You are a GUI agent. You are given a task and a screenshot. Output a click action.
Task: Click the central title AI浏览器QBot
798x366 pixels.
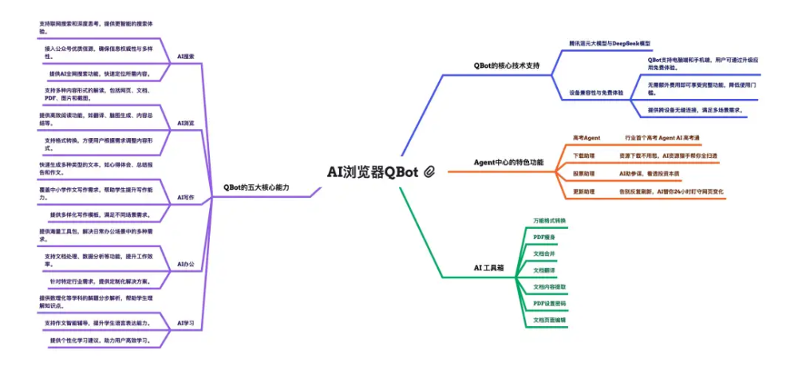373,171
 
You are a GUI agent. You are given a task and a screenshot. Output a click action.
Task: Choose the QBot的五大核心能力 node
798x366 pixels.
256,187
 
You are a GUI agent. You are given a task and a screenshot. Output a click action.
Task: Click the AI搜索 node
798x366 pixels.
185,57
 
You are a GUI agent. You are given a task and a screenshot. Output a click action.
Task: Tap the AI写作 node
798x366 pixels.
185,197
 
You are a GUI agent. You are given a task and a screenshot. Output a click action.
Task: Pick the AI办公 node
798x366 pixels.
185,263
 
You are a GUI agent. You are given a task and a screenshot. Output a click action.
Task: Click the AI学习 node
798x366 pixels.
185,323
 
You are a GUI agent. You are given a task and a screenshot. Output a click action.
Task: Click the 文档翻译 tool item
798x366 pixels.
544,270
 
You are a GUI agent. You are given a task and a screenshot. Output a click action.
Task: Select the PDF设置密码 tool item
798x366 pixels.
549,304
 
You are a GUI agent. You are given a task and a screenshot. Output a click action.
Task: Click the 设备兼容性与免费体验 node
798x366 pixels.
596,92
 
